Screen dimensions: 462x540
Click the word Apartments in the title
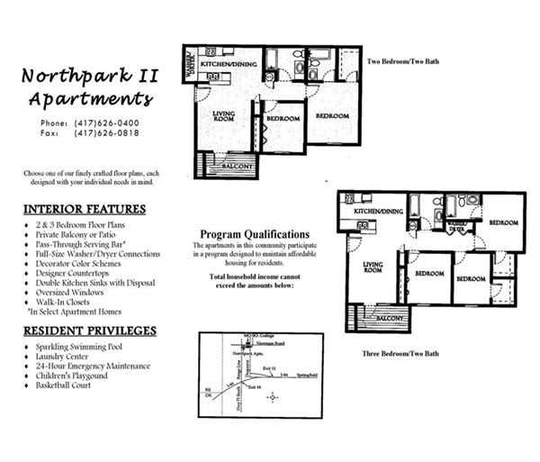[x=90, y=98]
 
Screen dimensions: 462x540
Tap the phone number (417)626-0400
[x=106, y=122]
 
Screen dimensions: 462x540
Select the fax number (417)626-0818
[x=106, y=132]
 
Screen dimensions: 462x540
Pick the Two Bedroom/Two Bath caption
[x=404, y=62]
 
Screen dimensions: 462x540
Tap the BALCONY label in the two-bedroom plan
[x=238, y=166]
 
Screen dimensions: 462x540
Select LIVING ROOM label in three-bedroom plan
[x=373, y=267]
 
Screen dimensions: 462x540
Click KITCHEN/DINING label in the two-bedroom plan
[x=230, y=65]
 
